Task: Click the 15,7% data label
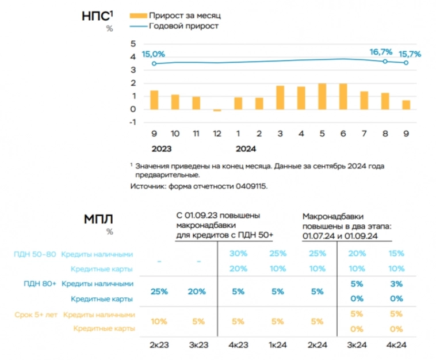[409, 53]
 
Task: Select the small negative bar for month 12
[217, 110]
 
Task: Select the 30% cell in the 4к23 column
[238, 254]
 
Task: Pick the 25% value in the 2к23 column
[159, 291]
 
